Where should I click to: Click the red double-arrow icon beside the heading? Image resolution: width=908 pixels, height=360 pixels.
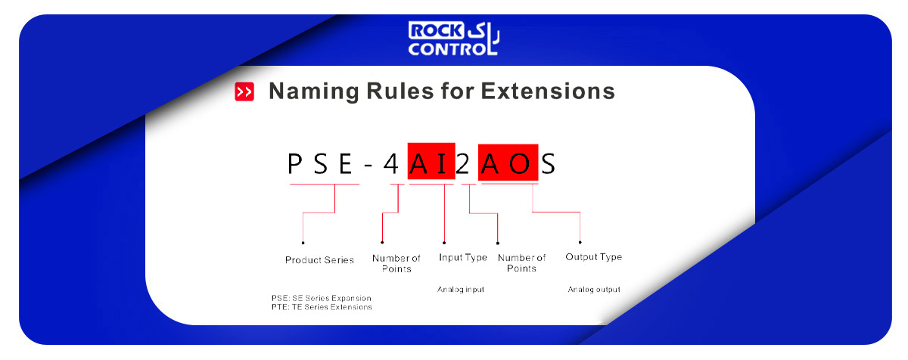(244, 92)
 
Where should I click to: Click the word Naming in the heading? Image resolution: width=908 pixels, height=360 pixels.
(314, 92)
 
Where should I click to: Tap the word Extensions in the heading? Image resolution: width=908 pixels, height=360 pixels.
(548, 91)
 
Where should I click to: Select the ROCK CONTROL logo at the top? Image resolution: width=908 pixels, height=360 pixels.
(453, 38)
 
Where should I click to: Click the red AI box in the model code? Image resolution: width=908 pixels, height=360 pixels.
(431, 161)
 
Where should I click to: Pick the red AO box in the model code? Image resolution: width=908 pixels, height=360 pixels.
(508, 162)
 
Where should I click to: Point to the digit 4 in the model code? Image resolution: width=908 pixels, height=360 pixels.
(391, 164)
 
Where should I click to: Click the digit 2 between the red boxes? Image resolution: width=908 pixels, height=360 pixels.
(462, 164)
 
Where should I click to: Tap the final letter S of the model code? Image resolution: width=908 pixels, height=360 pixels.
(549, 164)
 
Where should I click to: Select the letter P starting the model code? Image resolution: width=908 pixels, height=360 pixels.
(294, 164)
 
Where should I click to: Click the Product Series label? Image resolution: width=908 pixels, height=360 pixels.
(319, 260)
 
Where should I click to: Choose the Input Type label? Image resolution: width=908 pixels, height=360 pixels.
(463, 258)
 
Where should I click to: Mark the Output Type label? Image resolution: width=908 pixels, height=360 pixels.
(594, 257)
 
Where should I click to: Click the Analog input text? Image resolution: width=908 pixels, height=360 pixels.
(461, 290)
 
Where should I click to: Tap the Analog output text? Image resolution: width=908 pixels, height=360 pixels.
(594, 290)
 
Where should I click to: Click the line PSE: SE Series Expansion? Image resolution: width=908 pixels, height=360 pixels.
(322, 298)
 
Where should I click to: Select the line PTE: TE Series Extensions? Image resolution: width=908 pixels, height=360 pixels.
(322, 307)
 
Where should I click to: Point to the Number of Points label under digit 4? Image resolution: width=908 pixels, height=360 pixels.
(396, 264)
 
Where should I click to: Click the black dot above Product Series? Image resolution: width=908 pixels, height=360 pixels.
(303, 243)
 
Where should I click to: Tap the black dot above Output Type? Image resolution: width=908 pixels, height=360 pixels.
(580, 242)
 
